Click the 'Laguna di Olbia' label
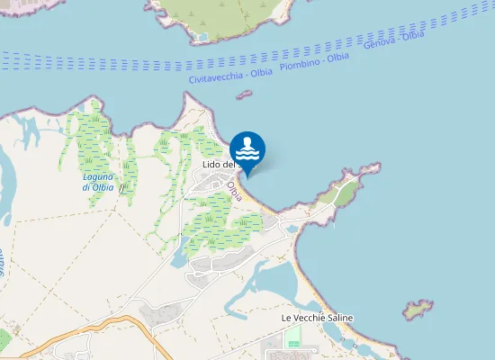(97, 182)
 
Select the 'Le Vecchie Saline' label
(317, 319)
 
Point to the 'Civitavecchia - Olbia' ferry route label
(231, 76)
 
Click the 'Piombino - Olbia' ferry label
(314, 60)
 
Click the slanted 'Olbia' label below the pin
(235, 191)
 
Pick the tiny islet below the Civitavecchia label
(243, 94)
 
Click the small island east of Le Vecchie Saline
(417, 310)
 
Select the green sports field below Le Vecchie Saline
(293, 338)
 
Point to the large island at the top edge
(225, 18)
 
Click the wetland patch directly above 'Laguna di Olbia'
(94, 144)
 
